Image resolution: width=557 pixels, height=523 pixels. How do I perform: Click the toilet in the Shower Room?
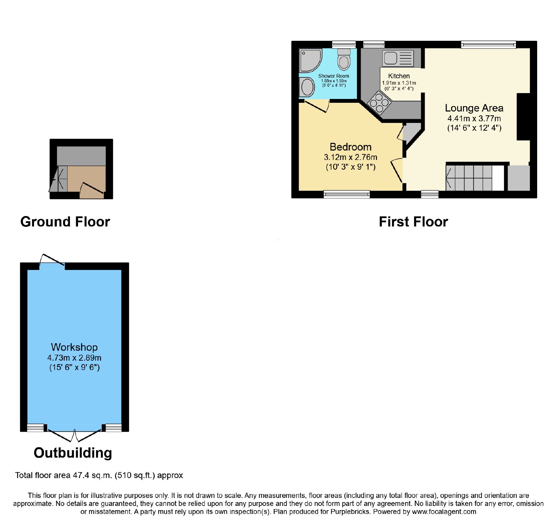(x=344, y=60)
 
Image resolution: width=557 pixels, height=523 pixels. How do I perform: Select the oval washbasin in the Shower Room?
(x=307, y=87)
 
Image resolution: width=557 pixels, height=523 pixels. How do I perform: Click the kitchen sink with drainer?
(x=398, y=58)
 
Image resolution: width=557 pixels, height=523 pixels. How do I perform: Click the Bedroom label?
(x=351, y=147)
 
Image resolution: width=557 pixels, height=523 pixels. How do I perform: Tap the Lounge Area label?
(x=474, y=108)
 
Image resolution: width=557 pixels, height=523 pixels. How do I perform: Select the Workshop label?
(x=74, y=347)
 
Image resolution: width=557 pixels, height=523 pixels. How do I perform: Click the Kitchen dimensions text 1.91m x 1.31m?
(x=399, y=83)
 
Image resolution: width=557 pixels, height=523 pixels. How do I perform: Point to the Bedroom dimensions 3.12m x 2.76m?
(x=351, y=157)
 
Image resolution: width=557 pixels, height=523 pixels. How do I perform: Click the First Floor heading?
(x=413, y=222)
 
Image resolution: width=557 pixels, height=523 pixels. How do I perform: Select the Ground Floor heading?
(x=65, y=222)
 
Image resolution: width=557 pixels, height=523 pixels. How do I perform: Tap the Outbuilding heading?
(x=73, y=453)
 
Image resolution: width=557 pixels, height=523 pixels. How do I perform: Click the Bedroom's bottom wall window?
(x=347, y=194)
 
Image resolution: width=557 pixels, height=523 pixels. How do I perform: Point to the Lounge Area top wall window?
(x=488, y=45)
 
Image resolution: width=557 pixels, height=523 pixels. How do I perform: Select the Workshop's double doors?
(x=74, y=434)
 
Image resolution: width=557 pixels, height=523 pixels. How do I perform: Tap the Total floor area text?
(x=99, y=475)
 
